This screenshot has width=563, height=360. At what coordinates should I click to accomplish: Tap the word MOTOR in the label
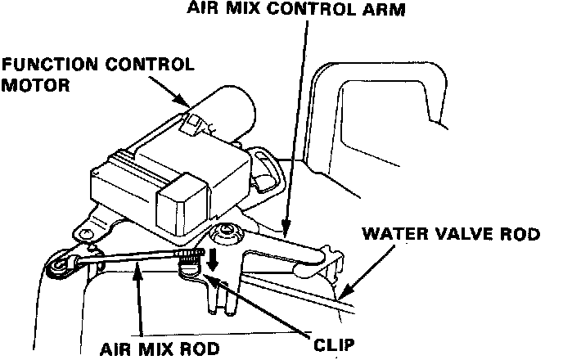point(29,83)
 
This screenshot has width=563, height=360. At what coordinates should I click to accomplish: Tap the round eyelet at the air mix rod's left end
point(60,267)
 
